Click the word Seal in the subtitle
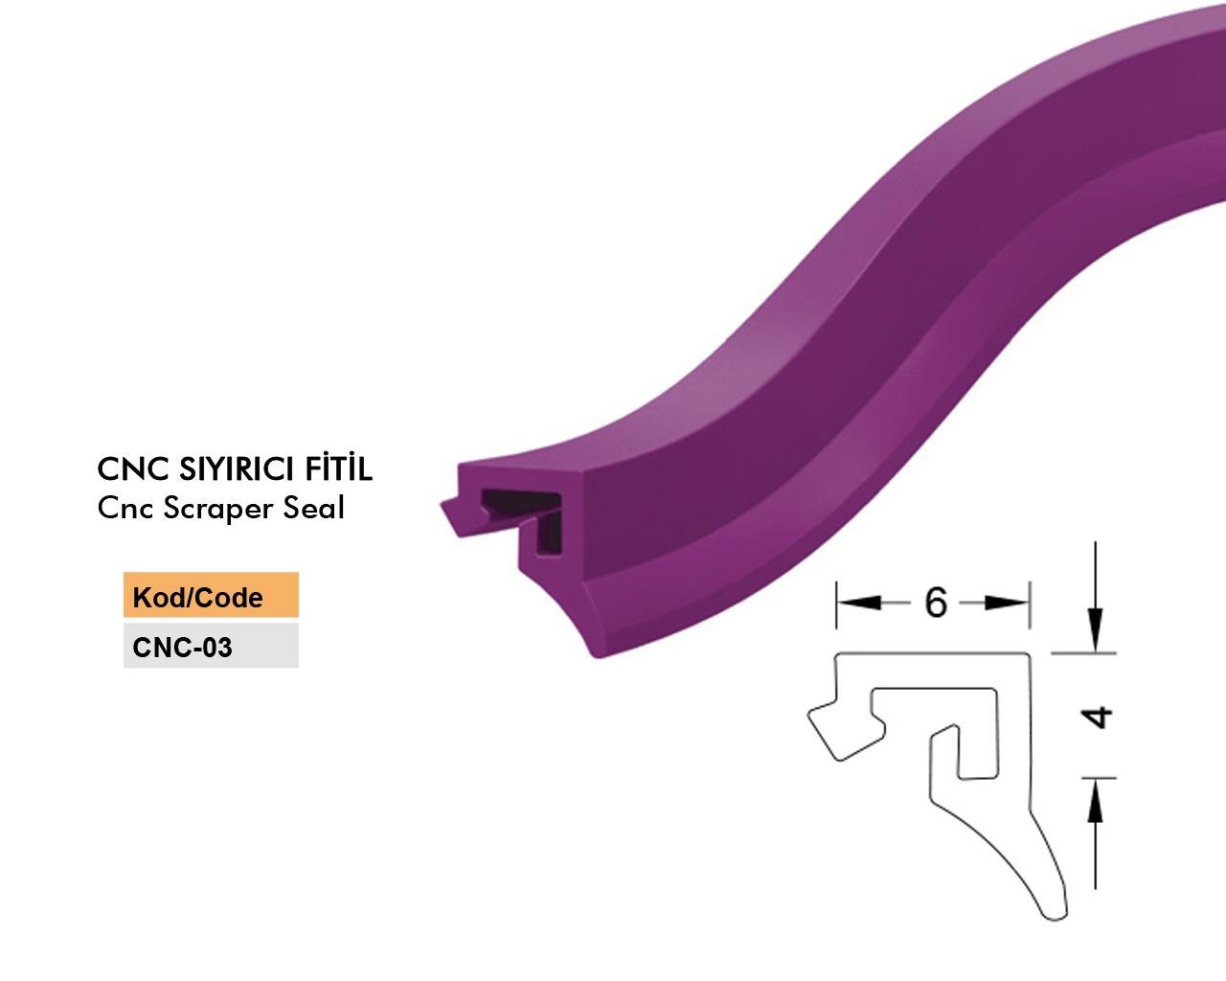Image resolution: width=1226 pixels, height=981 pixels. pos(314,508)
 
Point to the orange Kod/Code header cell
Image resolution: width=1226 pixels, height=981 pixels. pos(211,595)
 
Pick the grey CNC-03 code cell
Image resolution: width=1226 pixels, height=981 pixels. pos(211,646)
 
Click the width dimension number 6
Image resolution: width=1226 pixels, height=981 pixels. pos(936,603)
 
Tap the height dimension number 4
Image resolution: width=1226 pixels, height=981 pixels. pos(1096,718)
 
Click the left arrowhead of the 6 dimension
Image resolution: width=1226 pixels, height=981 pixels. pos(858,603)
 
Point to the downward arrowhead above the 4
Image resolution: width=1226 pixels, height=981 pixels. pos(1095,629)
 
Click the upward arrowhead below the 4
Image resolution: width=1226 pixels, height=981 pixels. pos(1095,800)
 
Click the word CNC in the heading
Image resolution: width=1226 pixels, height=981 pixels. pos(133,469)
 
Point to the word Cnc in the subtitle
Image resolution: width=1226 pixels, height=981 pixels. pos(125,509)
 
